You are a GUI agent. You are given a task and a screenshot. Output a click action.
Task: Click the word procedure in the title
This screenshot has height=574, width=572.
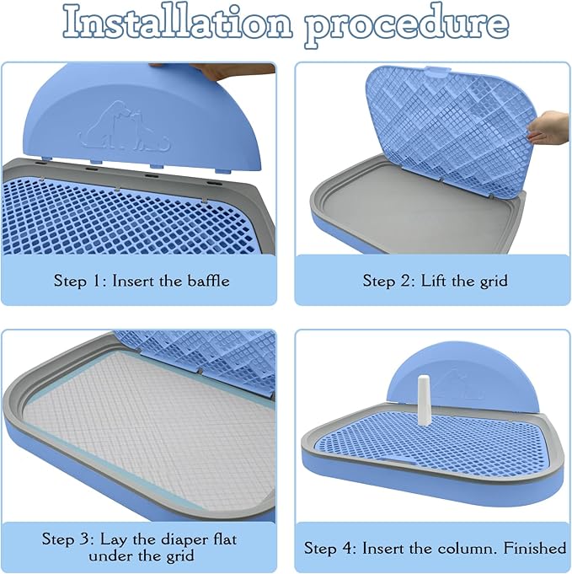point(407,25)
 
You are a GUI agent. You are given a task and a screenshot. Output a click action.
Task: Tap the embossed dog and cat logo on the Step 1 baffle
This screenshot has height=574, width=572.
point(125,126)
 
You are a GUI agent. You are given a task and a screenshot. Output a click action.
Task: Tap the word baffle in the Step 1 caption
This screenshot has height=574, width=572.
point(209,281)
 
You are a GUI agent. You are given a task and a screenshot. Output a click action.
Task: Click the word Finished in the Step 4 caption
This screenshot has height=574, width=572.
point(535,548)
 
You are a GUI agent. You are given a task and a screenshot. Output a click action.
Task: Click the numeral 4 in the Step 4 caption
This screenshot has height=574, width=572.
point(348,549)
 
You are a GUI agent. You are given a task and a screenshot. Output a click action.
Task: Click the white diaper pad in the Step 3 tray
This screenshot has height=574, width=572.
point(150,432)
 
